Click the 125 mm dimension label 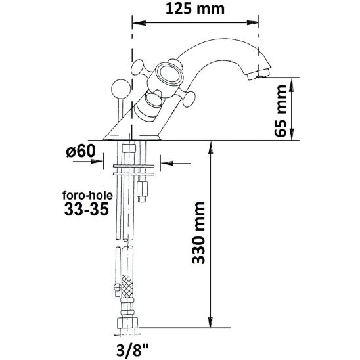(x=196, y=9)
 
